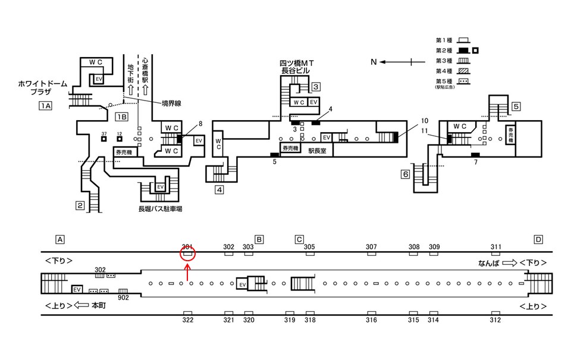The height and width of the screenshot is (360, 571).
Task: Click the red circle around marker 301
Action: (x=188, y=255)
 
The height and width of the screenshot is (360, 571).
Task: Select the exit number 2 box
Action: (x=80, y=206)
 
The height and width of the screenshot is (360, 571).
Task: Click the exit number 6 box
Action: (x=406, y=174)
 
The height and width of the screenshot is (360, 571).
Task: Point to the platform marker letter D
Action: (x=538, y=240)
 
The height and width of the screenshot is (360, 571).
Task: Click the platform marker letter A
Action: (x=59, y=240)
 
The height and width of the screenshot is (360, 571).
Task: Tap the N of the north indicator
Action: (x=374, y=61)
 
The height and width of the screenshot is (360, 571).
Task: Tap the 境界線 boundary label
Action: (x=171, y=103)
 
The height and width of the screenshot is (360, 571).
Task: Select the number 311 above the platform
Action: (x=496, y=247)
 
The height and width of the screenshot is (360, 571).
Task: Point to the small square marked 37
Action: (x=103, y=139)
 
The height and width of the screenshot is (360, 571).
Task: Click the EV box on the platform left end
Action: (x=76, y=289)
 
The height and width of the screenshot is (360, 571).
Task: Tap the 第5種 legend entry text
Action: (x=444, y=80)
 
